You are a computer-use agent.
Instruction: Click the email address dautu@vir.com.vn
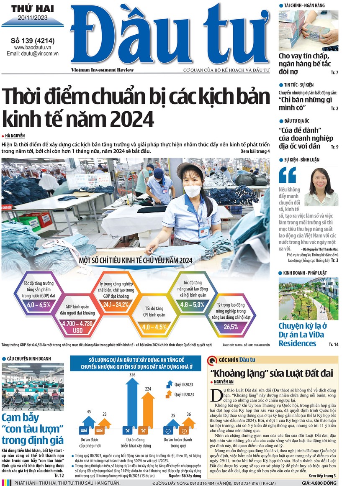33,54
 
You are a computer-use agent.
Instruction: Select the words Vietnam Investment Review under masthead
102,70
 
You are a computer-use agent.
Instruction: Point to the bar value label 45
89,412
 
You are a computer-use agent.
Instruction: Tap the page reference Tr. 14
333,344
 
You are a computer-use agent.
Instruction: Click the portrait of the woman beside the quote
321,187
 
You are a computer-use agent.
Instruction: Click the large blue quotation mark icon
288,175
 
